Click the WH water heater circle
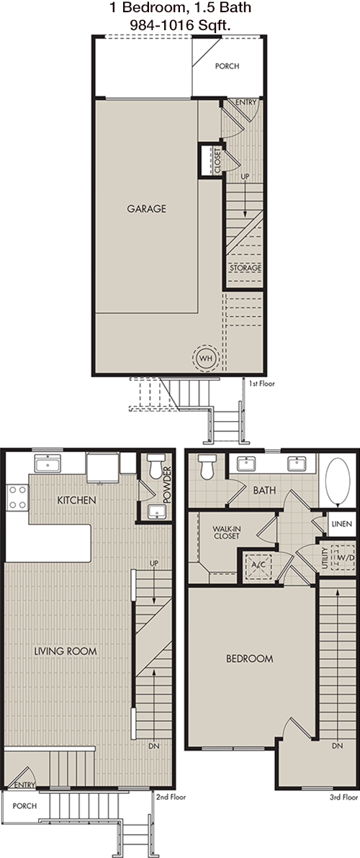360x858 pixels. tap(205, 358)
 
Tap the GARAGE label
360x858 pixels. tap(147, 209)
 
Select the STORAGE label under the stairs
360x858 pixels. tap(245, 268)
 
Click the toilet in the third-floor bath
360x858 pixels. tap(207, 466)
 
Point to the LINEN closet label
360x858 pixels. tap(343, 524)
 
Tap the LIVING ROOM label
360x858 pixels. tap(65, 651)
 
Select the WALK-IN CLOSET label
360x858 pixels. tap(225, 533)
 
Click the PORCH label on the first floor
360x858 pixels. tap(227, 66)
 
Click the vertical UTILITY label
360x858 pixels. tap(325, 558)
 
